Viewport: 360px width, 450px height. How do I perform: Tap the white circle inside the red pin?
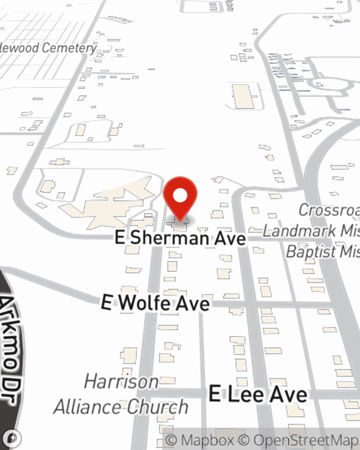[180, 196]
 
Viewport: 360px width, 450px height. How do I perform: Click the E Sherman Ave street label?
[180, 238]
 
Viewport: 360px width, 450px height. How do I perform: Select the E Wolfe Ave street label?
[156, 302]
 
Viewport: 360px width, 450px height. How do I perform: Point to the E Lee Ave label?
[258, 394]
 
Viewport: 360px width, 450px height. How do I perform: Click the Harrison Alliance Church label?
[121, 395]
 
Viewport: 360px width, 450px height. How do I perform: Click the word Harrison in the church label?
[121, 382]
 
